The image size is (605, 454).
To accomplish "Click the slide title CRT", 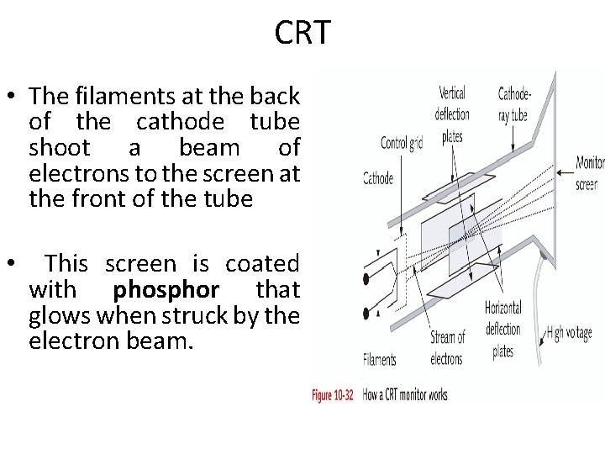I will coord(302,34).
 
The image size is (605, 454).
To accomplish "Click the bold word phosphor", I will coord(166,290).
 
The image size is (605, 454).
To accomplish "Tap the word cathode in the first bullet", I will coord(181,122).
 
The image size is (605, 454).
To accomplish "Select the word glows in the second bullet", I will coord(58,316).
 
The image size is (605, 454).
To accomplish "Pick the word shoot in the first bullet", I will coord(60,148).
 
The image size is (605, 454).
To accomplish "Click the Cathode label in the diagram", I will coord(377,177).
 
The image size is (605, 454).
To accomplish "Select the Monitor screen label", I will coord(588,172).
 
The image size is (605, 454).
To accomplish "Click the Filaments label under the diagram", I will coord(380,360).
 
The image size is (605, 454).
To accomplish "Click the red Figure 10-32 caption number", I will coord(333,394).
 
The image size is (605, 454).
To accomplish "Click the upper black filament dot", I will coord(367,277).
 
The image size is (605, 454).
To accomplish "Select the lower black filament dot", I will coord(367,314).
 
